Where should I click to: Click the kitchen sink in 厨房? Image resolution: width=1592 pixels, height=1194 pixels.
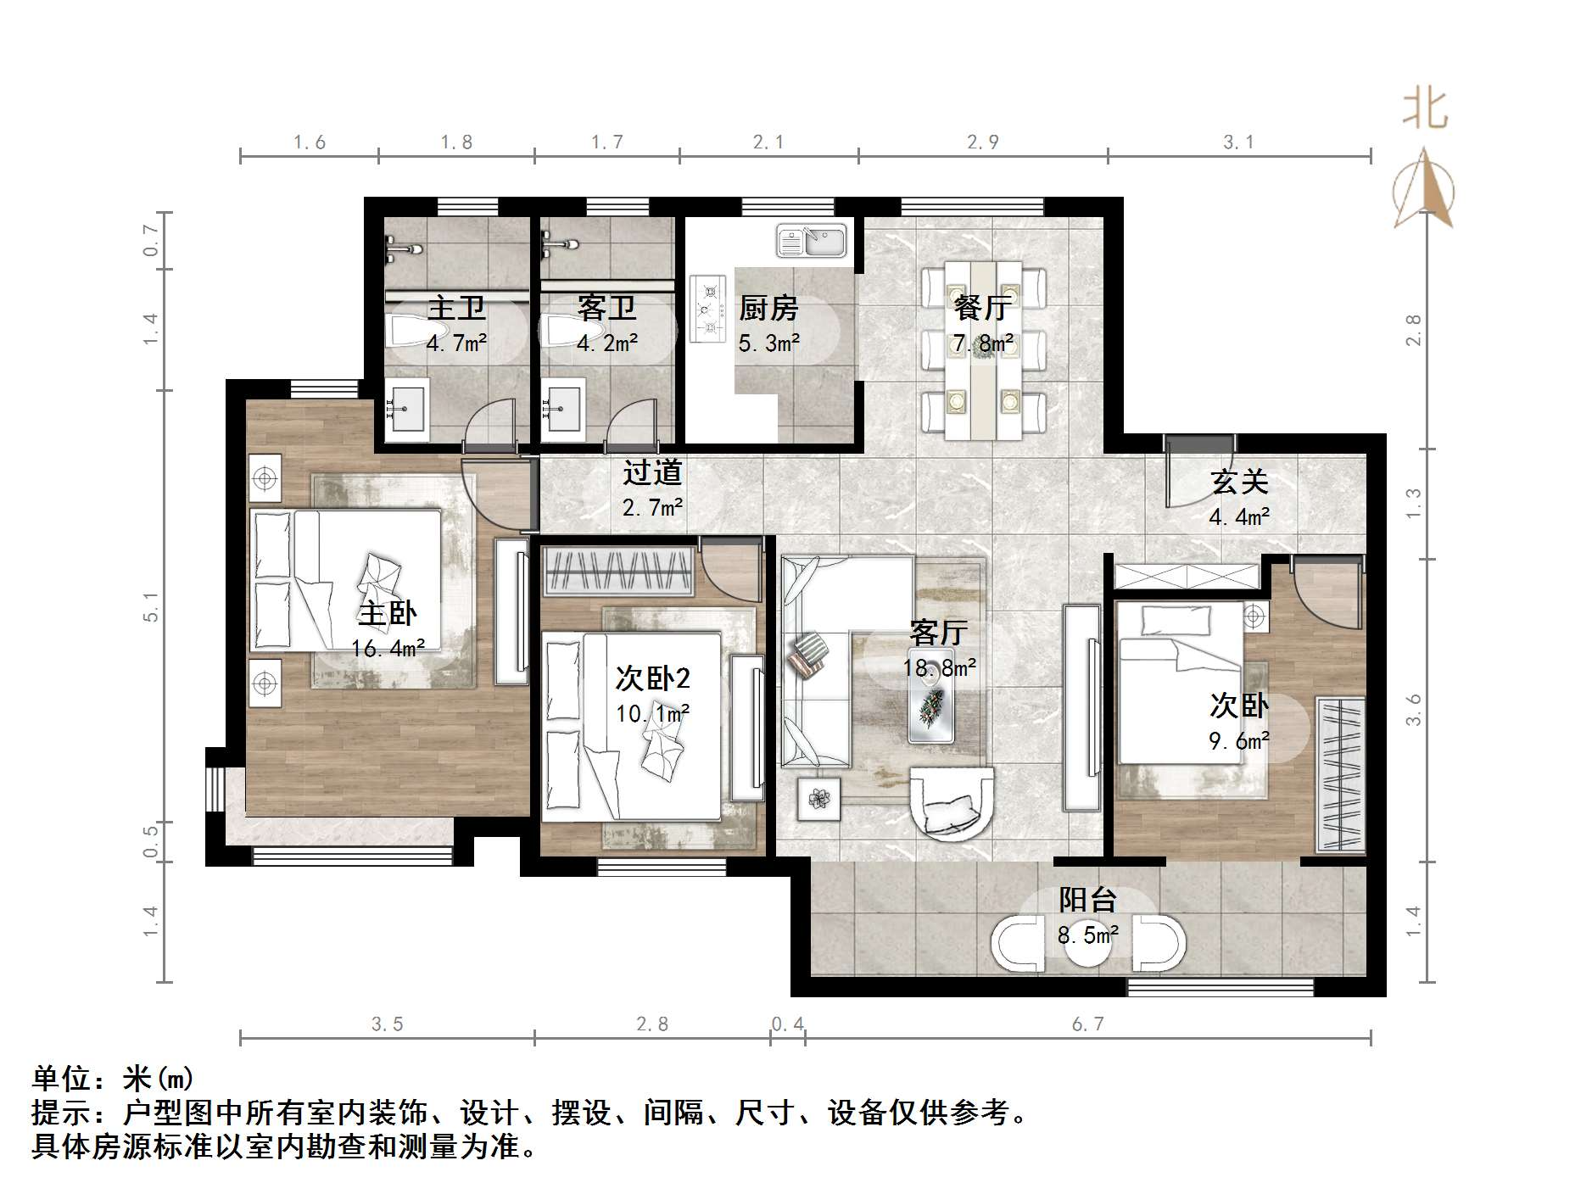point(812,241)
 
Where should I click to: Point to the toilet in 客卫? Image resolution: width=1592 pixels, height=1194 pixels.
point(564,331)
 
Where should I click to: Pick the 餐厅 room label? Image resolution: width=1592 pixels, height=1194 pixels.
point(981,308)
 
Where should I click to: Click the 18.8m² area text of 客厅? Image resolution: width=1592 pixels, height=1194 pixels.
point(939,668)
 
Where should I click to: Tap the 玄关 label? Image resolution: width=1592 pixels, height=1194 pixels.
point(1239,482)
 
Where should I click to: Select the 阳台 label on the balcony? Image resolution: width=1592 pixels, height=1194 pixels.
point(1087,900)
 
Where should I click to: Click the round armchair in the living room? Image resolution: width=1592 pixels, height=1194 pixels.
point(951,801)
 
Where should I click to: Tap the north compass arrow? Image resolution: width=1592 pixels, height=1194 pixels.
point(1424,188)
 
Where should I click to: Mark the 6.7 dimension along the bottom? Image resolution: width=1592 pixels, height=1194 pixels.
point(1087,1024)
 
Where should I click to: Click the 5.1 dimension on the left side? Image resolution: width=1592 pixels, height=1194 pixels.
point(151,607)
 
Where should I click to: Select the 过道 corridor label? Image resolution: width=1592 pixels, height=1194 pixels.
point(652,472)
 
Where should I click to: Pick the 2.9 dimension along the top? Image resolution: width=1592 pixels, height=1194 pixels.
point(983,142)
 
